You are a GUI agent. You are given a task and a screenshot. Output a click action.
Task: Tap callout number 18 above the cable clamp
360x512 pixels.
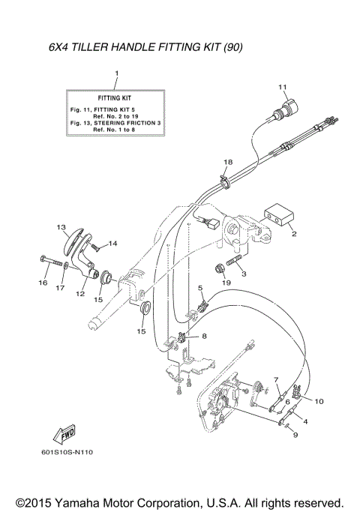click(x=228, y=162)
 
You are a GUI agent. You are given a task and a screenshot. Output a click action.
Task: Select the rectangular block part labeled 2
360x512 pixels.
click(x=277, y=217)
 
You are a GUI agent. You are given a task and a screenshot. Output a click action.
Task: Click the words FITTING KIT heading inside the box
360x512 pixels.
click(x=115, y=98)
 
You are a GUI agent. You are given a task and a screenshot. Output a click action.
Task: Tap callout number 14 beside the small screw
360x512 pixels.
click(x=113, y=244)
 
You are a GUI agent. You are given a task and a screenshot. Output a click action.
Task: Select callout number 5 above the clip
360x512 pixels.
click(x=200, y=288)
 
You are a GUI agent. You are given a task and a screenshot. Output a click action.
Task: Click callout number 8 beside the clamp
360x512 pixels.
click(x=203, y=337)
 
